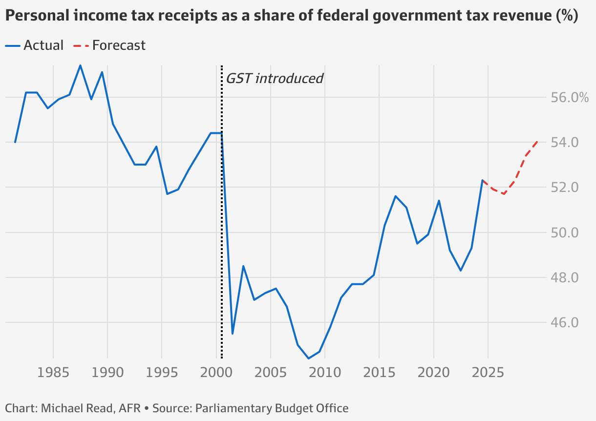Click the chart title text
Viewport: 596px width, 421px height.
tap(291, 16)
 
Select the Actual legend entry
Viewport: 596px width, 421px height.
tap(35, 45)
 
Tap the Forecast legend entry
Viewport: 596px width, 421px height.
tap(110, 45)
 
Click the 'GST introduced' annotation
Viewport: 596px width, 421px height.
tap(274, 78)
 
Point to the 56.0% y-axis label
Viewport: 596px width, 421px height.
tap(567, 98)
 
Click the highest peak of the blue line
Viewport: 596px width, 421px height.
tap(80, 65)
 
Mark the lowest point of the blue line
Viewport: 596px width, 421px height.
tap(308, 358)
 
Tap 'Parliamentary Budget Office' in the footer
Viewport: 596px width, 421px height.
tap(272, 408)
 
